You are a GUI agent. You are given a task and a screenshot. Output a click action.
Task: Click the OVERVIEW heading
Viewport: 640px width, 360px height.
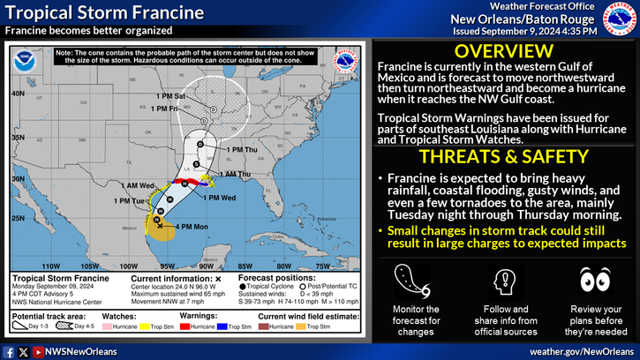click(x=504, y=50)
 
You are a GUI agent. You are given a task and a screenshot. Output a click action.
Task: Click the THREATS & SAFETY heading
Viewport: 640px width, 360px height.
click(x=504, y=157)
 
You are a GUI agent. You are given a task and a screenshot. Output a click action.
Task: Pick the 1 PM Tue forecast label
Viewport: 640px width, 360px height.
click(x=130, y=201)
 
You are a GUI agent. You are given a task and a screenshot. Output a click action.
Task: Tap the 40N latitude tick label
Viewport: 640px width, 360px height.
click(x=19, y=92)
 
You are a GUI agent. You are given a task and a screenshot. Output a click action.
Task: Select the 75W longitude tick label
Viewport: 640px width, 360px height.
click(x=322, y=264)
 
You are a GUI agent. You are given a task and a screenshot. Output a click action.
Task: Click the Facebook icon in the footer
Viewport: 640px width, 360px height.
click(x=9, y=351)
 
